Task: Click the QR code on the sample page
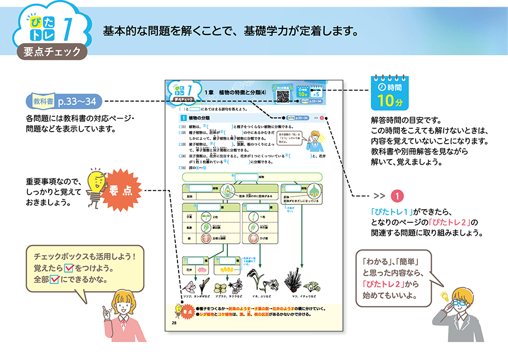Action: (282, 95)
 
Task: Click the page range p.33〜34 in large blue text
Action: (76, 102)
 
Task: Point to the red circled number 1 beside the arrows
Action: (399, 196)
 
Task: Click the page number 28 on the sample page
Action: (174, 322)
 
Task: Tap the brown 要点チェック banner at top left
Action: (52, 51)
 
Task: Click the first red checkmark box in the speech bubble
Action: (69, 268)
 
